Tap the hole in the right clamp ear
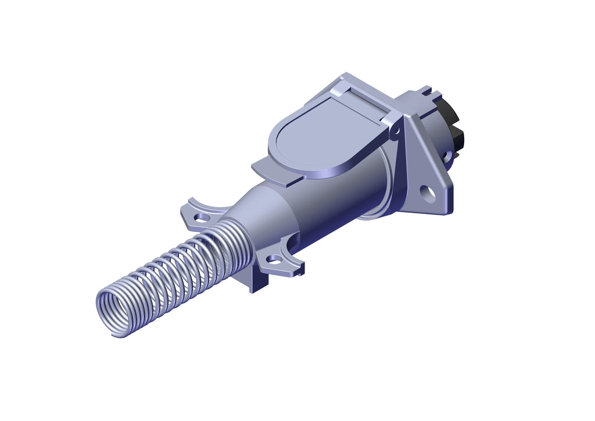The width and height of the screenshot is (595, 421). (273, 258)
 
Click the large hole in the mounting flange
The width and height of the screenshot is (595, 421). (428, 193)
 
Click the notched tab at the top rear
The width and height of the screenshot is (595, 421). (426, 91)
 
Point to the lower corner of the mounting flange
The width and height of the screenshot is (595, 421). (445, 211)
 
